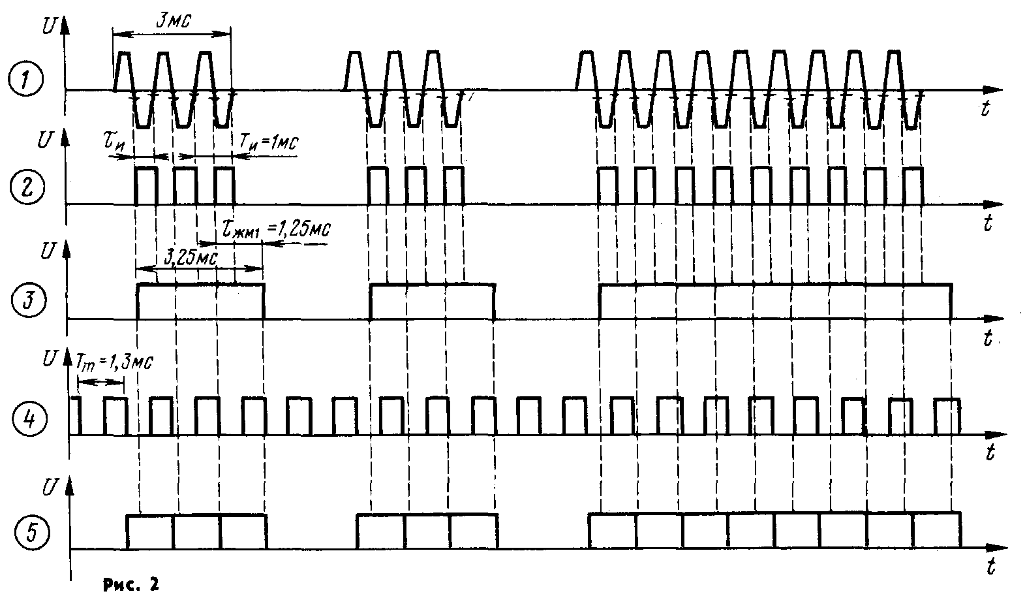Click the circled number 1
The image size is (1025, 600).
(x=26, y=81)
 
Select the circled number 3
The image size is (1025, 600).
(x=27, y=302)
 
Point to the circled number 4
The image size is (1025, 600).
(x=28, y=417)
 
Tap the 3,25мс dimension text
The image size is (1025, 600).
(x=190, y=257)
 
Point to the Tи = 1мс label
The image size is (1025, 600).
(x=269, y=143)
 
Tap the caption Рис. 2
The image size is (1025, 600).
(x=130, y=584)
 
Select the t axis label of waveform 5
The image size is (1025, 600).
(x=991, y=567)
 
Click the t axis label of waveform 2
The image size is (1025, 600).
(x=988, y=224)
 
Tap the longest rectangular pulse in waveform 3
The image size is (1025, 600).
(x=775, y=302)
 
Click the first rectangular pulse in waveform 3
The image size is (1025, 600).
(x=200, y=302)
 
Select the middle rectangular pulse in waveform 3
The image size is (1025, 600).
(x=432, y=302)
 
